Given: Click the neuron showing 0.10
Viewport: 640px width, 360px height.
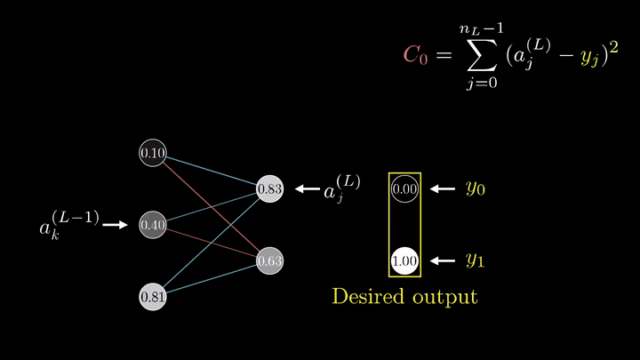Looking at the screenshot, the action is tap(153, 153).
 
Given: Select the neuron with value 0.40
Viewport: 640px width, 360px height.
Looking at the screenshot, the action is tap(153, 225).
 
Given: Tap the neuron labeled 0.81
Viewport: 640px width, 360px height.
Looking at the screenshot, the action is tap(153, 297).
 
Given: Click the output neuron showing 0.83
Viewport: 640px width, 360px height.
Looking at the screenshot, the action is tap(270, 189).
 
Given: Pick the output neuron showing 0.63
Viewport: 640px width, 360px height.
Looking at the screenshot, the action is tap(270, 260).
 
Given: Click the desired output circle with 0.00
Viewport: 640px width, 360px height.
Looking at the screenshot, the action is tap(404, 189).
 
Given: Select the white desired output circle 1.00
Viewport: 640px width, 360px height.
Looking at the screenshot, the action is tap(404, 260).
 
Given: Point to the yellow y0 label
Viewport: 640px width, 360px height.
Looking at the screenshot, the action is tap(476, 188).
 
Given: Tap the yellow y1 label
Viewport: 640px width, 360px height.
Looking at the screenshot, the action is tap(476, 260).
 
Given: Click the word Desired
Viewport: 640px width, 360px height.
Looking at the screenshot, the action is tap(368, 296).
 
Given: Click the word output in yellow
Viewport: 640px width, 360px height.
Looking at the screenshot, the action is tap(445, 297).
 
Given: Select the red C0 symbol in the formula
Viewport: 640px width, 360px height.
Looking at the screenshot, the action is tap(415, 55).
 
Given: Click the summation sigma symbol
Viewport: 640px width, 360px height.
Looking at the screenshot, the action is tap(482, 55).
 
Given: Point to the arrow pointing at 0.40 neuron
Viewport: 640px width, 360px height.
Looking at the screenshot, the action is tap(115, 225).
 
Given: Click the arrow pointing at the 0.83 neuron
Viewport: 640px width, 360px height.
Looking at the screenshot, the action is tap(308, 189).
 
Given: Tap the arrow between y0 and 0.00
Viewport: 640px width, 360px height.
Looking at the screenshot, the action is tap(443, 189).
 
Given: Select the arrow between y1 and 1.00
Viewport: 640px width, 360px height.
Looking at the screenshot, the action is tap(443, 260).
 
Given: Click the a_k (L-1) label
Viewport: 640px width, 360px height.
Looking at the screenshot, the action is tap(69, 225).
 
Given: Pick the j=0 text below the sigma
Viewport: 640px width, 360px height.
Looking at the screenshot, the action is tap(482, 83).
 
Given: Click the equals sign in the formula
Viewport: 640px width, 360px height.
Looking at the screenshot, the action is tap(444, 55).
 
